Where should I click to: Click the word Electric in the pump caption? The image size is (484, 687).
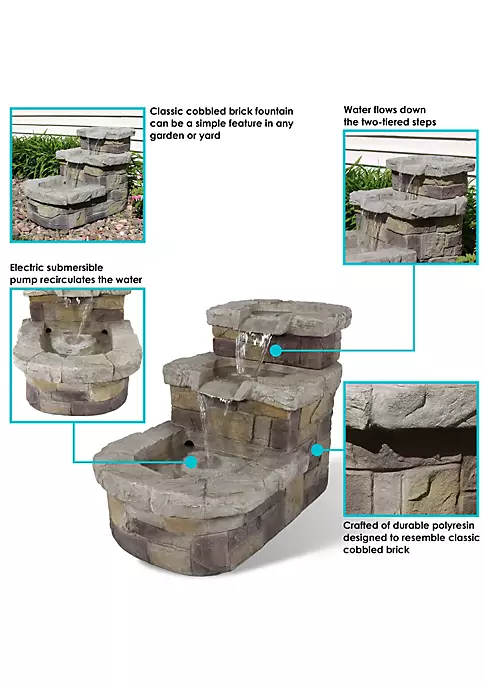[x=30, y=268]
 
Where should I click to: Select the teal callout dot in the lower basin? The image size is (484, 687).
[x=190, y=462]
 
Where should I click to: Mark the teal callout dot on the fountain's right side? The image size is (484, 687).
[x=317, y=449]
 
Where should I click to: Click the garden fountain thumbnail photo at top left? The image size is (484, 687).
[x=77, y=174]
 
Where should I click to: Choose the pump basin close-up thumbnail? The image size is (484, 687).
[x=77, y=356]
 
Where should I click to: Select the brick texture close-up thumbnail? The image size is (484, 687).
[x=411, y=451]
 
